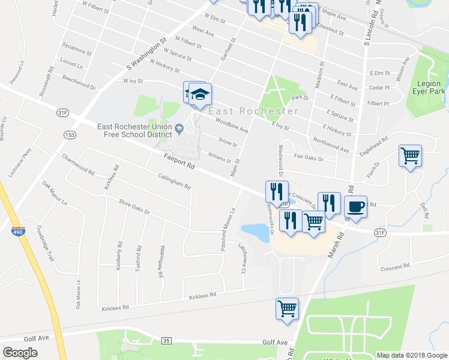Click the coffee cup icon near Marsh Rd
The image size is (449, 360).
click(355, 206)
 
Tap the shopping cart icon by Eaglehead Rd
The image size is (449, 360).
click(411, 156)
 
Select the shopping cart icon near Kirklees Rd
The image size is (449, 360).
click(288, 309)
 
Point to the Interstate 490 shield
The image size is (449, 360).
click(17, 230)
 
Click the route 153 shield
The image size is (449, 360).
click(70, 136)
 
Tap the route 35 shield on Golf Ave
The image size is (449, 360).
click(166, 341)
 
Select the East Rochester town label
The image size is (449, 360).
click(253, 112)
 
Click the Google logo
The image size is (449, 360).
click(20, 353)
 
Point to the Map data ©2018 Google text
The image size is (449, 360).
click(411, 355)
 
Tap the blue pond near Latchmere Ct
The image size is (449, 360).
click(255, 232)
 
